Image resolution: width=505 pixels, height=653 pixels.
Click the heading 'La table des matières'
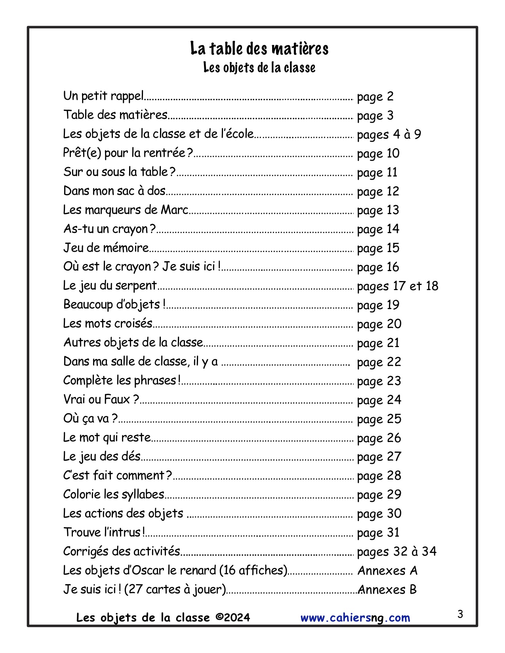coord(259,49)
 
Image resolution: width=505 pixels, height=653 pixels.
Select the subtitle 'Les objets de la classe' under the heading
coord(259,68)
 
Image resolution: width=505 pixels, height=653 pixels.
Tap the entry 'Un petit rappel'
coord(103,96)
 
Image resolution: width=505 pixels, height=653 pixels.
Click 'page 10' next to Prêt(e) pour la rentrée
coord(378,154)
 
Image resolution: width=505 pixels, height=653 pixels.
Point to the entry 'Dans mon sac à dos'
coord(114,191)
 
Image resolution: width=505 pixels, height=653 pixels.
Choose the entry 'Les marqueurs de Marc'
coord(126,210)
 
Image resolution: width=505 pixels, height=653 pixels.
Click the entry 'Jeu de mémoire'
coord(106,248)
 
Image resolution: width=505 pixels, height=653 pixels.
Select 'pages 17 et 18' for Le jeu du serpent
coord(397,286)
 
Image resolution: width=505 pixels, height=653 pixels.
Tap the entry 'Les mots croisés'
coord(108,324)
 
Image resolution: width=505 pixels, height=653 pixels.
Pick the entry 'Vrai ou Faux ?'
coord(101,400)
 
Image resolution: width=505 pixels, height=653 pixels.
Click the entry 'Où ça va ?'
coord(90,419)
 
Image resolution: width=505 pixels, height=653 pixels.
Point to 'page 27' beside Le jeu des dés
coord(379,457)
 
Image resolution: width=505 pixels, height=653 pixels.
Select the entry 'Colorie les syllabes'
coord(114,495)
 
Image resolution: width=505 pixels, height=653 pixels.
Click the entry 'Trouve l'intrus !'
coord(104,533)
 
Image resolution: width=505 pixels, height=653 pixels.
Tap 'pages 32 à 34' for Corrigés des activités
coord(396,552)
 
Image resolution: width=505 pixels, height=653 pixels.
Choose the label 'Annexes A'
coord(387,571)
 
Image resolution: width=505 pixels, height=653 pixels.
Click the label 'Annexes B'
coord(387,590)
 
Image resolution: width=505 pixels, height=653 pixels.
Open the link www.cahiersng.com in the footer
coord(355,618)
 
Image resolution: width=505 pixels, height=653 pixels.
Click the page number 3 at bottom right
coord(460,615)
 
